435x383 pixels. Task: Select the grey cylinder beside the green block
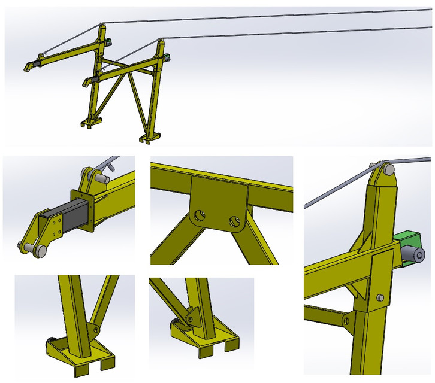pos(413,256)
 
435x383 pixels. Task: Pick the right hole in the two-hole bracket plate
pos(233,222)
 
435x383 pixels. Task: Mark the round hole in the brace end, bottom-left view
pos(95,329)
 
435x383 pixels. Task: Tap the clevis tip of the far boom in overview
pos(28,68)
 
